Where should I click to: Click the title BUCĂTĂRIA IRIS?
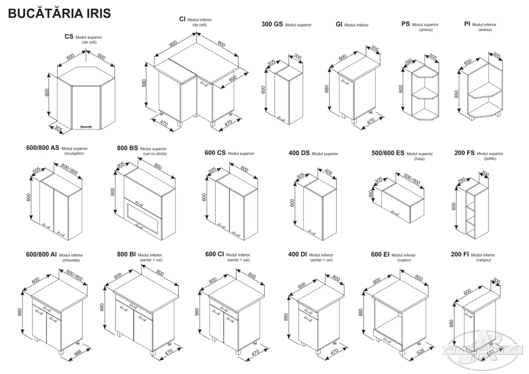[x=60, y=13]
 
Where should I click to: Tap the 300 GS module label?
[x=272, y=25]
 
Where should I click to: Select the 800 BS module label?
[x=128, y=148]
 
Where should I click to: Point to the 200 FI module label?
[x=460, y=255]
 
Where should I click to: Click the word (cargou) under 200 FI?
[x=483, y=260]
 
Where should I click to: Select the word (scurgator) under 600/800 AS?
[x=74, y=154]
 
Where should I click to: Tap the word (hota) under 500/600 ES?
[x=419, y=159]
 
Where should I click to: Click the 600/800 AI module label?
[x=41, y=255]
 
